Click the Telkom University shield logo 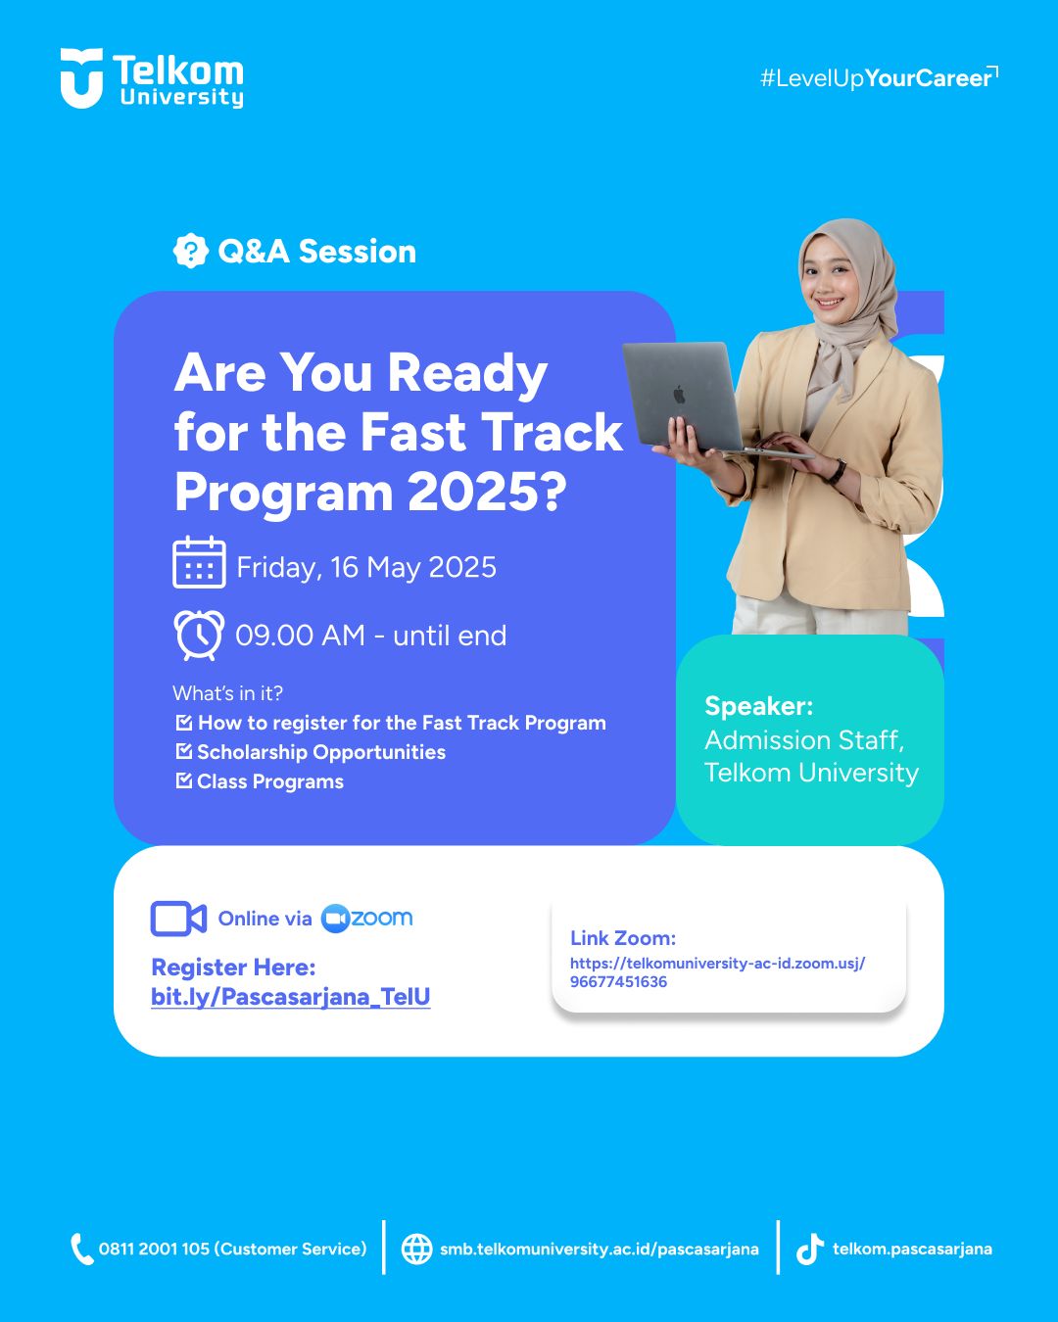tap(81, 78)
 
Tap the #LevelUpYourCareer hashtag tap(879, 78)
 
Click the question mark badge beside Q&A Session tap(191, 251)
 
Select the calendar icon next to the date tap(199, 562)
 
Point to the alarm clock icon tap(199, 636)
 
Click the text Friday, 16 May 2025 tap(366, 568)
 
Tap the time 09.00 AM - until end tap(371, 636)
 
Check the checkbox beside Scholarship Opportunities tap(184, 751)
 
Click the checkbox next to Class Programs tap(184, 780)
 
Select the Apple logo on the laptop tap(679, 395)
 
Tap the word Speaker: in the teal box tap(758, 706)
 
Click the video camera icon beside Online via tap(178, 919)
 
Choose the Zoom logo tap(367, 919)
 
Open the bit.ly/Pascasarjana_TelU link tap(291, 997)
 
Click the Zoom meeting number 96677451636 tap(618, 981)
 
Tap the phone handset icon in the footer tap(81, 1249)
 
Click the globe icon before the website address tap(416, 1249)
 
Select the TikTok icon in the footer tap(809, 1249)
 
